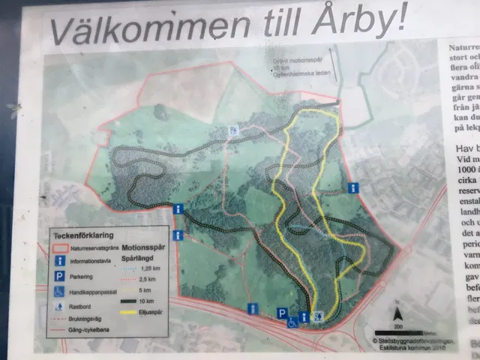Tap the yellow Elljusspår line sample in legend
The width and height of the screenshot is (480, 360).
pos(134,313)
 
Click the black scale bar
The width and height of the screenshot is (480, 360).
pos(398,331)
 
